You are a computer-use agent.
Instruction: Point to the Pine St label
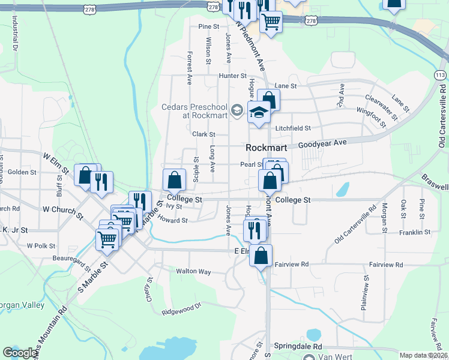209,27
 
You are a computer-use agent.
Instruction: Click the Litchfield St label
293,128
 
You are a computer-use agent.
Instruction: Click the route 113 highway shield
440,74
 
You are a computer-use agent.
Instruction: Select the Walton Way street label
193,271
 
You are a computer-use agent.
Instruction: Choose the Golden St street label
22,172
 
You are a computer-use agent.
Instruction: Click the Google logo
20,353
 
